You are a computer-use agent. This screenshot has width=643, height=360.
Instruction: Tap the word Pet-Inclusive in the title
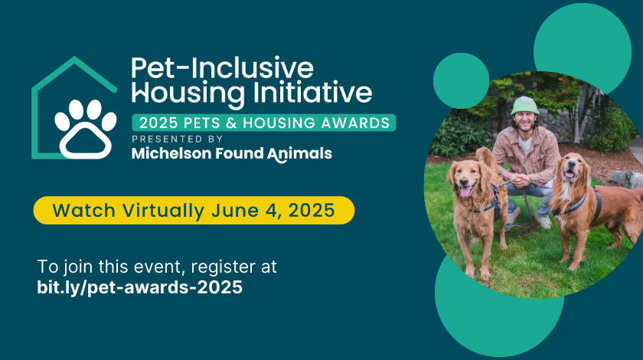point(222,67)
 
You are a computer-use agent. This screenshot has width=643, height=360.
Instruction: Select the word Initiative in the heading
point(312,92)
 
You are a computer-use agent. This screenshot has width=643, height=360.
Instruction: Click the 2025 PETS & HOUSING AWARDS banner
point(263,123)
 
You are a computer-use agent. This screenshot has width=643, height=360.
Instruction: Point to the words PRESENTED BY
point(177,139)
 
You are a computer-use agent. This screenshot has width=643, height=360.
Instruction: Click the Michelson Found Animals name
point(232,154)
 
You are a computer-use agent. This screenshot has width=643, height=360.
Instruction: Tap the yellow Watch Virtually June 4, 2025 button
point(194,210)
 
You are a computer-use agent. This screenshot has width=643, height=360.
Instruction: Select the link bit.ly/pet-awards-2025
point(140,287)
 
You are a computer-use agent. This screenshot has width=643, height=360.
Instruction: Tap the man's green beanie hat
point(524,106)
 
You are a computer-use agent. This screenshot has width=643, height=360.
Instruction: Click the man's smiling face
point(525,121)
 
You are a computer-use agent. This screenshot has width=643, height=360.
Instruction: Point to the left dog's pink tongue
point(465,191)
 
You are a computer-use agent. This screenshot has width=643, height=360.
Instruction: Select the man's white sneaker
point(543,221)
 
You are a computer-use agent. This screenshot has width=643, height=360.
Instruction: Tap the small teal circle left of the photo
point(461,80)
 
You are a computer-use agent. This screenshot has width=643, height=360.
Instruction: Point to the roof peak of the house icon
point(74,58)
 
